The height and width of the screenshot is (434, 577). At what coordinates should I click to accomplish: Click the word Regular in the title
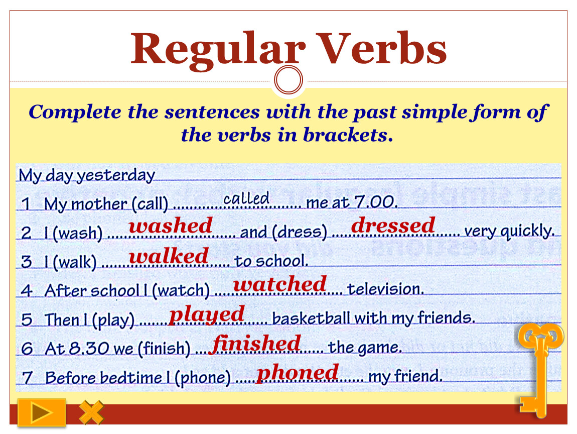tap(218, 50)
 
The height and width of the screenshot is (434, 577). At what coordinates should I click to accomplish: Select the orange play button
tap(42, 412)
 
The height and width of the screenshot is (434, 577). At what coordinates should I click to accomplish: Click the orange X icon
tap(91, 412)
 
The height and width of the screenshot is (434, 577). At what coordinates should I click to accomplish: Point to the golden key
tap(540, 368)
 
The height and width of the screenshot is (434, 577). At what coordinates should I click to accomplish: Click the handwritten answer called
tap(246, 198)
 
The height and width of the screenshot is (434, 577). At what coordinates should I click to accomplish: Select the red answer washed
tap(171, 225)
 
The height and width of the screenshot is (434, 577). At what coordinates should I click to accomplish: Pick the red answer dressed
tap(393, 225)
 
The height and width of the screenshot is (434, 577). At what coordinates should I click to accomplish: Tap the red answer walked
tap(169, 256)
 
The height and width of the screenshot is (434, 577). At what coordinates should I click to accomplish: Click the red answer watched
tap(280, 284)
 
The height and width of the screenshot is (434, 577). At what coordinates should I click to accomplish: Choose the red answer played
tap(206, 315)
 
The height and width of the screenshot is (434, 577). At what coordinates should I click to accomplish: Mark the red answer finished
tap(256, 344)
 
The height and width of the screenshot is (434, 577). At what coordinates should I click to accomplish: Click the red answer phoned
tap(298, 373)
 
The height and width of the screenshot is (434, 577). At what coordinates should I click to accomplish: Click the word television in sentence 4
tap(386, 289)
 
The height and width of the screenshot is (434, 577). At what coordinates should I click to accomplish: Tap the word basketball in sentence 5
tap(311, 318)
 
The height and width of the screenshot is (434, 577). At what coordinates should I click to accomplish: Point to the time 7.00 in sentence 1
tap(375, 201)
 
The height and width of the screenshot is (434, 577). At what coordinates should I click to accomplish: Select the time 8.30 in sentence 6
tap(89, 348)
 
